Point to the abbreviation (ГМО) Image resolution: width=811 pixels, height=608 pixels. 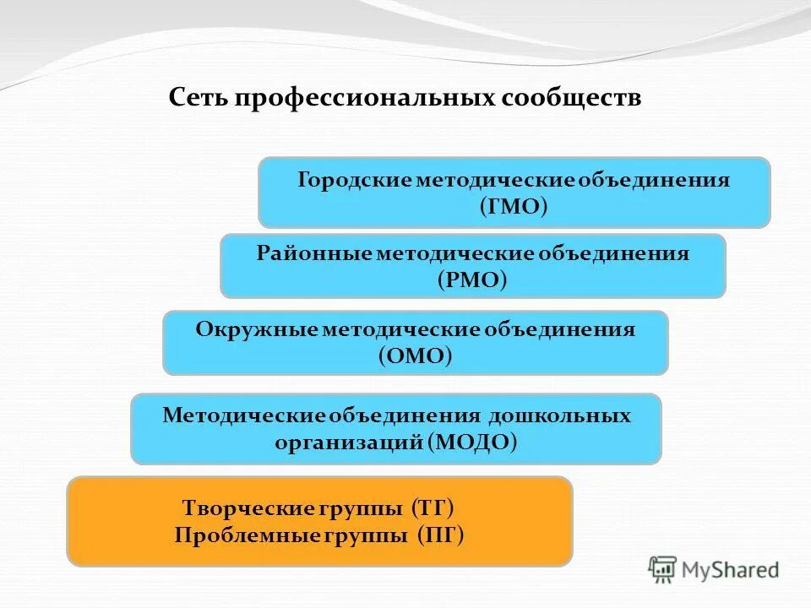coord(514,206)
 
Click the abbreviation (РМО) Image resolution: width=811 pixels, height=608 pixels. coord(472,280)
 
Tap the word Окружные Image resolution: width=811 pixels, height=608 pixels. coord(256,329)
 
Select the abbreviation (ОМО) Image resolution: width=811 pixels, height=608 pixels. coord(415,356)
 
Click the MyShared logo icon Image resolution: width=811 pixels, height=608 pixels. coord(663,569)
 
